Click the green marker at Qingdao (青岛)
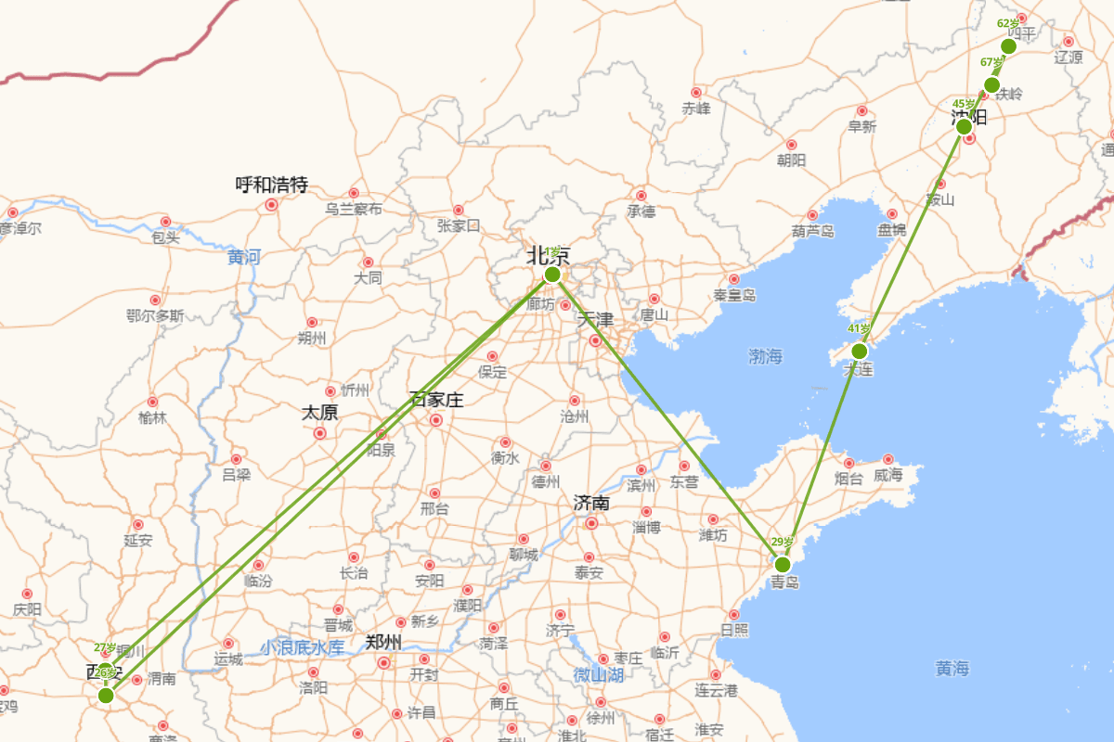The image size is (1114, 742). [x=783, y=564]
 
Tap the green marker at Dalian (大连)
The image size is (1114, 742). [x=859, y=351]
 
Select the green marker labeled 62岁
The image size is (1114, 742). [x=1009, y=46]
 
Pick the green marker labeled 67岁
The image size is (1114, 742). [x=991, y=85]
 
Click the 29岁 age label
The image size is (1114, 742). [x=782, y=543]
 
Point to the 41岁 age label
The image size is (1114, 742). [x=859, y=329]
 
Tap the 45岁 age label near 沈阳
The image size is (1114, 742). [x=964, y=104]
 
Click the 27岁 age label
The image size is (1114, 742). [x=106, y=647]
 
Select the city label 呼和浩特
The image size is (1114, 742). [x=271, y=185]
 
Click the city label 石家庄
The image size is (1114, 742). [x=435, y=401]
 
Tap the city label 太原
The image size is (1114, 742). [x=319, y=413]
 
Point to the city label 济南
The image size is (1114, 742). [x=591, y=504]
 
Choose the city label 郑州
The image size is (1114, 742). [x=383, y=642]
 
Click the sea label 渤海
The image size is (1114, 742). [x=766, y=356]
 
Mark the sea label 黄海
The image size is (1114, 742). [x=952, y=668]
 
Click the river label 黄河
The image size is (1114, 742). [x=244, y=257]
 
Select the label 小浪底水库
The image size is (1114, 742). [x=302, y=647]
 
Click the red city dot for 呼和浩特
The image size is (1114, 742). [x=271, y=205]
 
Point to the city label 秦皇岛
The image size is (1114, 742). [x=734, y=296]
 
